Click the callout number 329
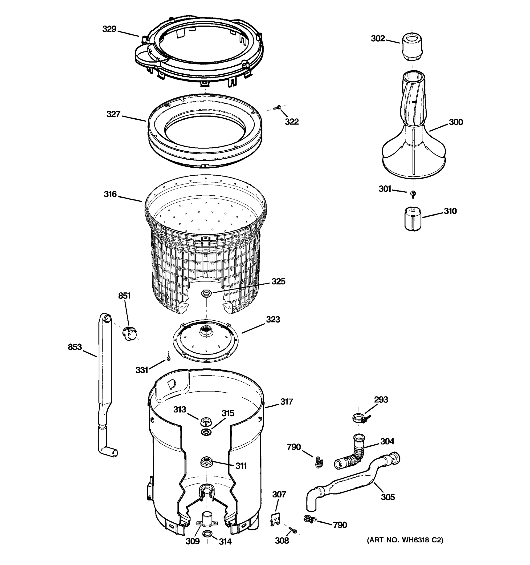109,29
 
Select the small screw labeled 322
277,107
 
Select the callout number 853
75,347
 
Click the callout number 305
388,497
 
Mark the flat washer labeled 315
206,432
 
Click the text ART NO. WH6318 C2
405,540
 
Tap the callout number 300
456,122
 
